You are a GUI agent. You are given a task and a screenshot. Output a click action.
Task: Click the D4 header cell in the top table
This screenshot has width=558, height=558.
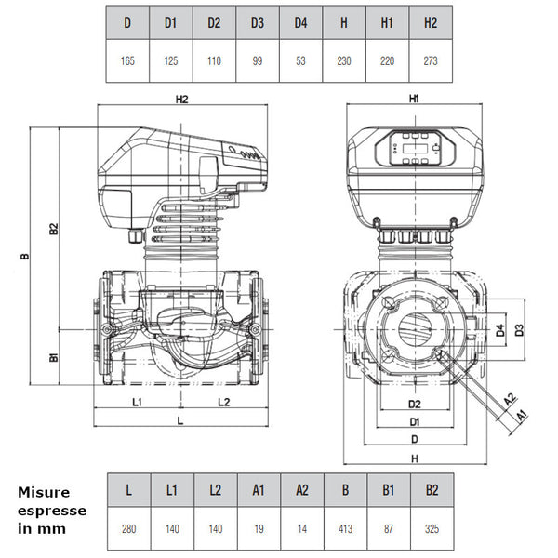click(x=300, y=22)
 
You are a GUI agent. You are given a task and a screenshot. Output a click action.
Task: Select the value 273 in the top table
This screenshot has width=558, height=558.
click(x=431, y=60)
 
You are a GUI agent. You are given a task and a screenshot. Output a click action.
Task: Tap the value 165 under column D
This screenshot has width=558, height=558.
click(x=127, y=60)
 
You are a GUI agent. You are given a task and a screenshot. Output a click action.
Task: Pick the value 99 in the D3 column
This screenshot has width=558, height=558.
click(x=258, y=60)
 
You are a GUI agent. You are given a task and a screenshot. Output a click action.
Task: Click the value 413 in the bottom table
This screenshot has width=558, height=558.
click(x=346, y=528)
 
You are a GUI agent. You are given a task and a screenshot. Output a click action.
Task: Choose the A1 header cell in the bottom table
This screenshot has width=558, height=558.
click(x=259, y=490)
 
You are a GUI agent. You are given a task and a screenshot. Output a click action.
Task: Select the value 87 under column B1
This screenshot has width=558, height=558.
click(x=389, y=528)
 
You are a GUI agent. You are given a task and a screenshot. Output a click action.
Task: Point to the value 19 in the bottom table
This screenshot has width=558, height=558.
click(x=259, y=528)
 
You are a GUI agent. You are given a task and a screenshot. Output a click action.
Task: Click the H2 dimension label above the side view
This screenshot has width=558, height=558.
click(x=182, y=100)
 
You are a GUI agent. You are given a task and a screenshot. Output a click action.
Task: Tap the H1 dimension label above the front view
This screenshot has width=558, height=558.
click(x=414, y=99)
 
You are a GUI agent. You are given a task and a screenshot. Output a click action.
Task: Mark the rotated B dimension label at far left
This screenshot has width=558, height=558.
click(x=24, y=256)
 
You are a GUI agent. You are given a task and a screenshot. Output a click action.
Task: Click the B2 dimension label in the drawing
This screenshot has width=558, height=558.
click(x=53, y=229)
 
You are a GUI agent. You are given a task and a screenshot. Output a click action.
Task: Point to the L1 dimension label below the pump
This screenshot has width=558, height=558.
click(x=137, y=402)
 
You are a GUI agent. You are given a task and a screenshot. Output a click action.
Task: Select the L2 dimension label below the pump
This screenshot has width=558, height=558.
click(x=224, y=402)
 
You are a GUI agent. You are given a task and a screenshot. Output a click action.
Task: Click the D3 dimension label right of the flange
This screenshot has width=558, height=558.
click(x=519, y=330)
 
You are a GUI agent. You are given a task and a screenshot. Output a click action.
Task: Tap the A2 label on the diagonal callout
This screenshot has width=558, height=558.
click(x=510, y=399)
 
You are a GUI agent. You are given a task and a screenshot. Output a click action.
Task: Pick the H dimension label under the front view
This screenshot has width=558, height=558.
click(x=415, y=458)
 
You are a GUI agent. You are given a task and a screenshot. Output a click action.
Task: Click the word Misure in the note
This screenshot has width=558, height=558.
click(x=44, y=493)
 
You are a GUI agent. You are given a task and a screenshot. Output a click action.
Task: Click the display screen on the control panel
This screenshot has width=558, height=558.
click(x=415, y=148)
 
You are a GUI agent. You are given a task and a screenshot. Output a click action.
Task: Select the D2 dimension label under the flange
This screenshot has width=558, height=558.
click(x=415, y=404)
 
